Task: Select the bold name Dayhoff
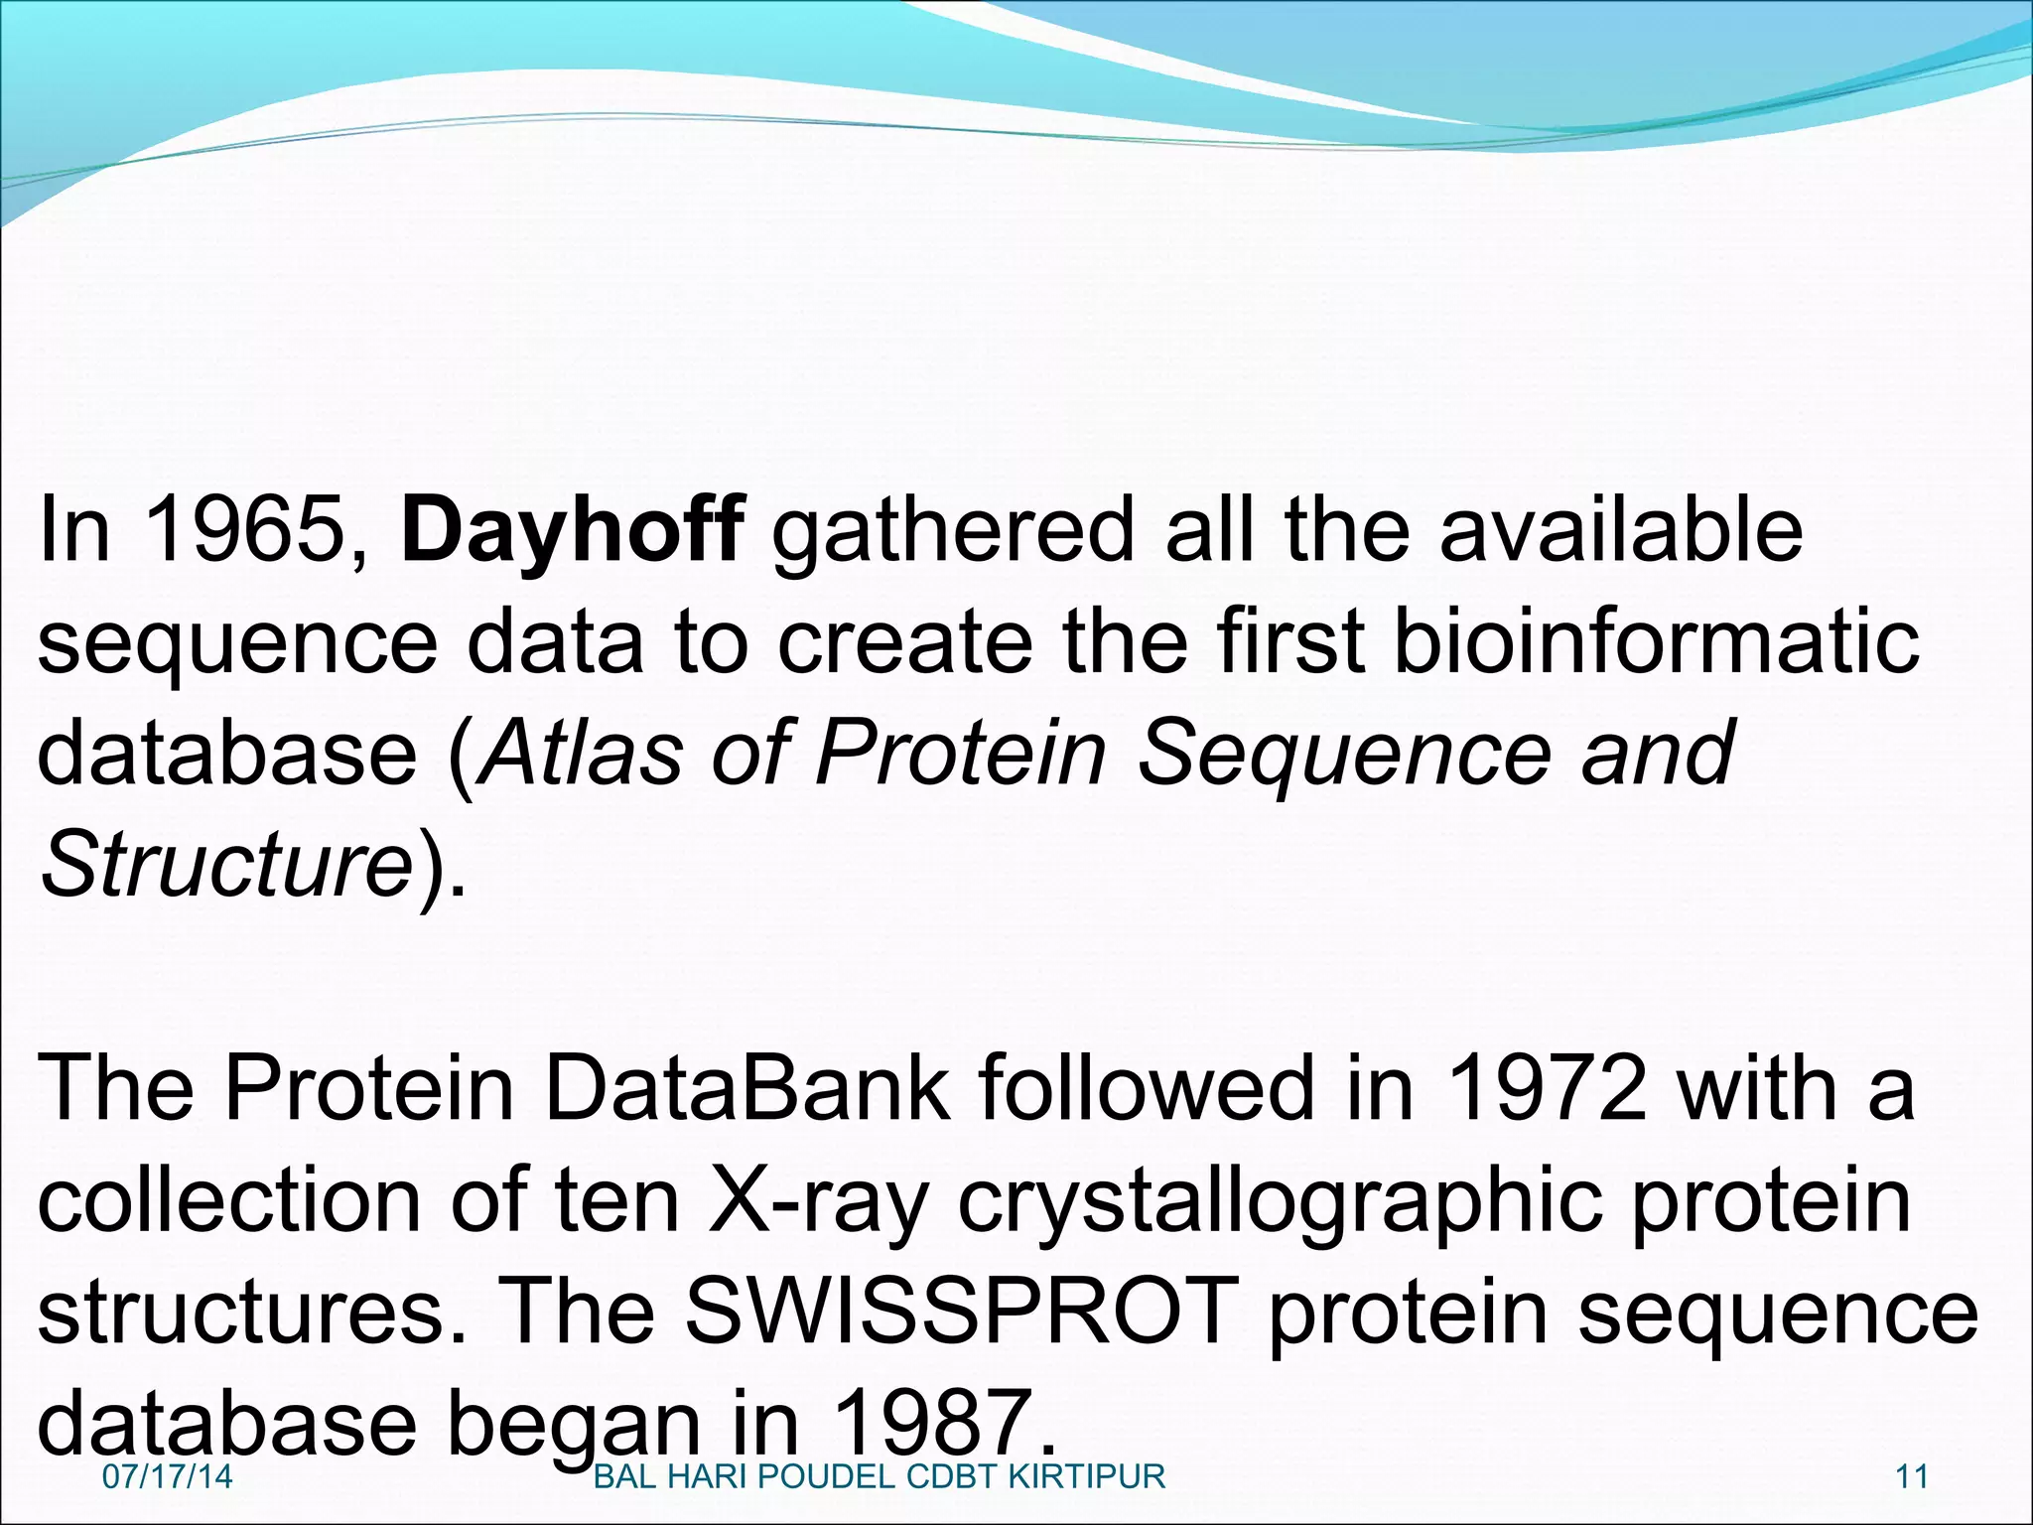(x=572, y=530)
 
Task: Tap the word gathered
(x=951, y=530)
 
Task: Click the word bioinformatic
(x=1656, y=642)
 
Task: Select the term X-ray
(x=815, y=1201)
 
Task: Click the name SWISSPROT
(x=962, y=1313)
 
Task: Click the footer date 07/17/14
(x=167, y=1476)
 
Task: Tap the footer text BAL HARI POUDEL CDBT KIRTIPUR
(x=879, y=1476)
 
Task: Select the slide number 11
(x=1911, y=1476)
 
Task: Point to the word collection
(x=229, y=1201)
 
